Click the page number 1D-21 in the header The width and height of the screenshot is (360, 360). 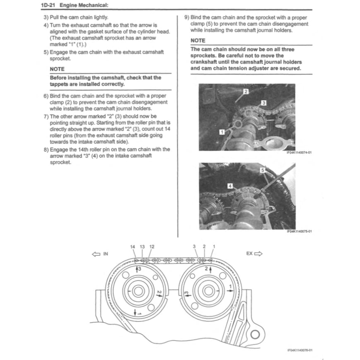coord(48,5)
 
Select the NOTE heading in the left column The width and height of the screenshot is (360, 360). coord(57,69)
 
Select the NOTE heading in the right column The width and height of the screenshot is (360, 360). coord(198,41)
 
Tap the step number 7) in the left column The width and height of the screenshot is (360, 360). coord(46,116)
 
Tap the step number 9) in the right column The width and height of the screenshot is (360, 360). coord(186,17)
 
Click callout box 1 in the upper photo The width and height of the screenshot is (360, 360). coord(222,131)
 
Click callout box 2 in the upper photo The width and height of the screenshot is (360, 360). coord(245,91)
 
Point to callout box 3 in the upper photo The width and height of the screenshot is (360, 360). coord(263,102)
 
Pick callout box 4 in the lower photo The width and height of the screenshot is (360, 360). coord(230,186)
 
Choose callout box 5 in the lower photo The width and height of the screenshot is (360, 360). coord(262,170)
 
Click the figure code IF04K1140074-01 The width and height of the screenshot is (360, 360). coord(299,152)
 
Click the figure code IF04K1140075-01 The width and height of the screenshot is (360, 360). coord(299,232)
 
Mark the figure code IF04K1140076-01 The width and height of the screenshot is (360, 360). coord(299,350)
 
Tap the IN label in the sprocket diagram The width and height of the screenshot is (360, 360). coord(105,254)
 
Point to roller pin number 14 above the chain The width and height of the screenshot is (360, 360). coord(133,247)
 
